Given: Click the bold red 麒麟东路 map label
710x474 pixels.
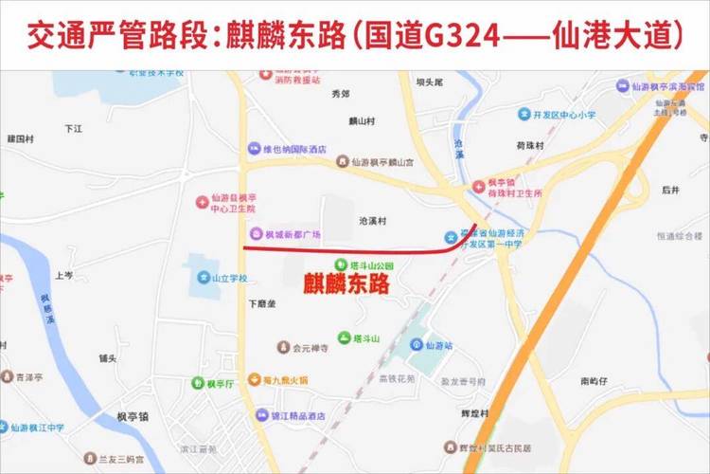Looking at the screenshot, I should [x=345, y=284].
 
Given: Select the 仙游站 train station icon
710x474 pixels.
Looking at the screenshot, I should [x=417, y=347].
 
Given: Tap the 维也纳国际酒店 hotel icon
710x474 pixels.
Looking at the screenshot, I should [x=253, y=149].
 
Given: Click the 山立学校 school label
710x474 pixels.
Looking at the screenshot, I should [x=229, y=278].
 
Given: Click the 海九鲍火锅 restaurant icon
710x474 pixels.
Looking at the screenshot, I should [x=254, y=379].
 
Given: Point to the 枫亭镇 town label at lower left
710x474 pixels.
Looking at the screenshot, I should [x=133, y=416].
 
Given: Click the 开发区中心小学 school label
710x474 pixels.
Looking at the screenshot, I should [x=564, y=115].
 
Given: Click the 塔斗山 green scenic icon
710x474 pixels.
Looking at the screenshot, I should [x=345, y=338].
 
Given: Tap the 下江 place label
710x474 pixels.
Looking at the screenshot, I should [x=74, y=128].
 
